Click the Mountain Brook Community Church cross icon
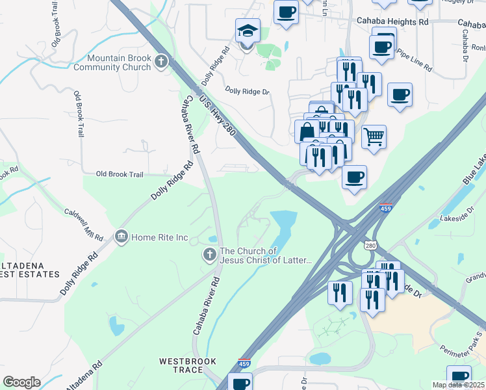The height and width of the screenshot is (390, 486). pyautogui.click(x=160, y=62)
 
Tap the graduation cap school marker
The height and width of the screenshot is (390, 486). pyautogui.click(x=247, y=31)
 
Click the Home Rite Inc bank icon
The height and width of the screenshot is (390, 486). pyautogui.click(x=121, y=237)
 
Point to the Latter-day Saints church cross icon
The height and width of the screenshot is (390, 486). pyautogui.click(x=209, y=254)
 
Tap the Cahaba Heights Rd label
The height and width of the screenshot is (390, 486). pyautogui.click(x=392, y=21)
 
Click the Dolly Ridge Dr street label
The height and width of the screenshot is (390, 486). pyautogui.click(x=247, y=92)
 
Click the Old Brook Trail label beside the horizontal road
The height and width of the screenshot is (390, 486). pyautogui.click(x=119, y=174)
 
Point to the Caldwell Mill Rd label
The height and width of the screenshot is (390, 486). pyautogui.click(x=84, y=224)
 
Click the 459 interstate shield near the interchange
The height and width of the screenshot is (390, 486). pyautogui.click(x=385, y=208)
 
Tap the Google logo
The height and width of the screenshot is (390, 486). pyautogui.click(x=21, y=382)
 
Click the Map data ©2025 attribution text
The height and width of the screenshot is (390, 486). pyautogui.click(x=458, y=385)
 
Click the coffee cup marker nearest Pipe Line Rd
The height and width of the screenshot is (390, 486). pyautogui.click(x=381, y=46)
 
